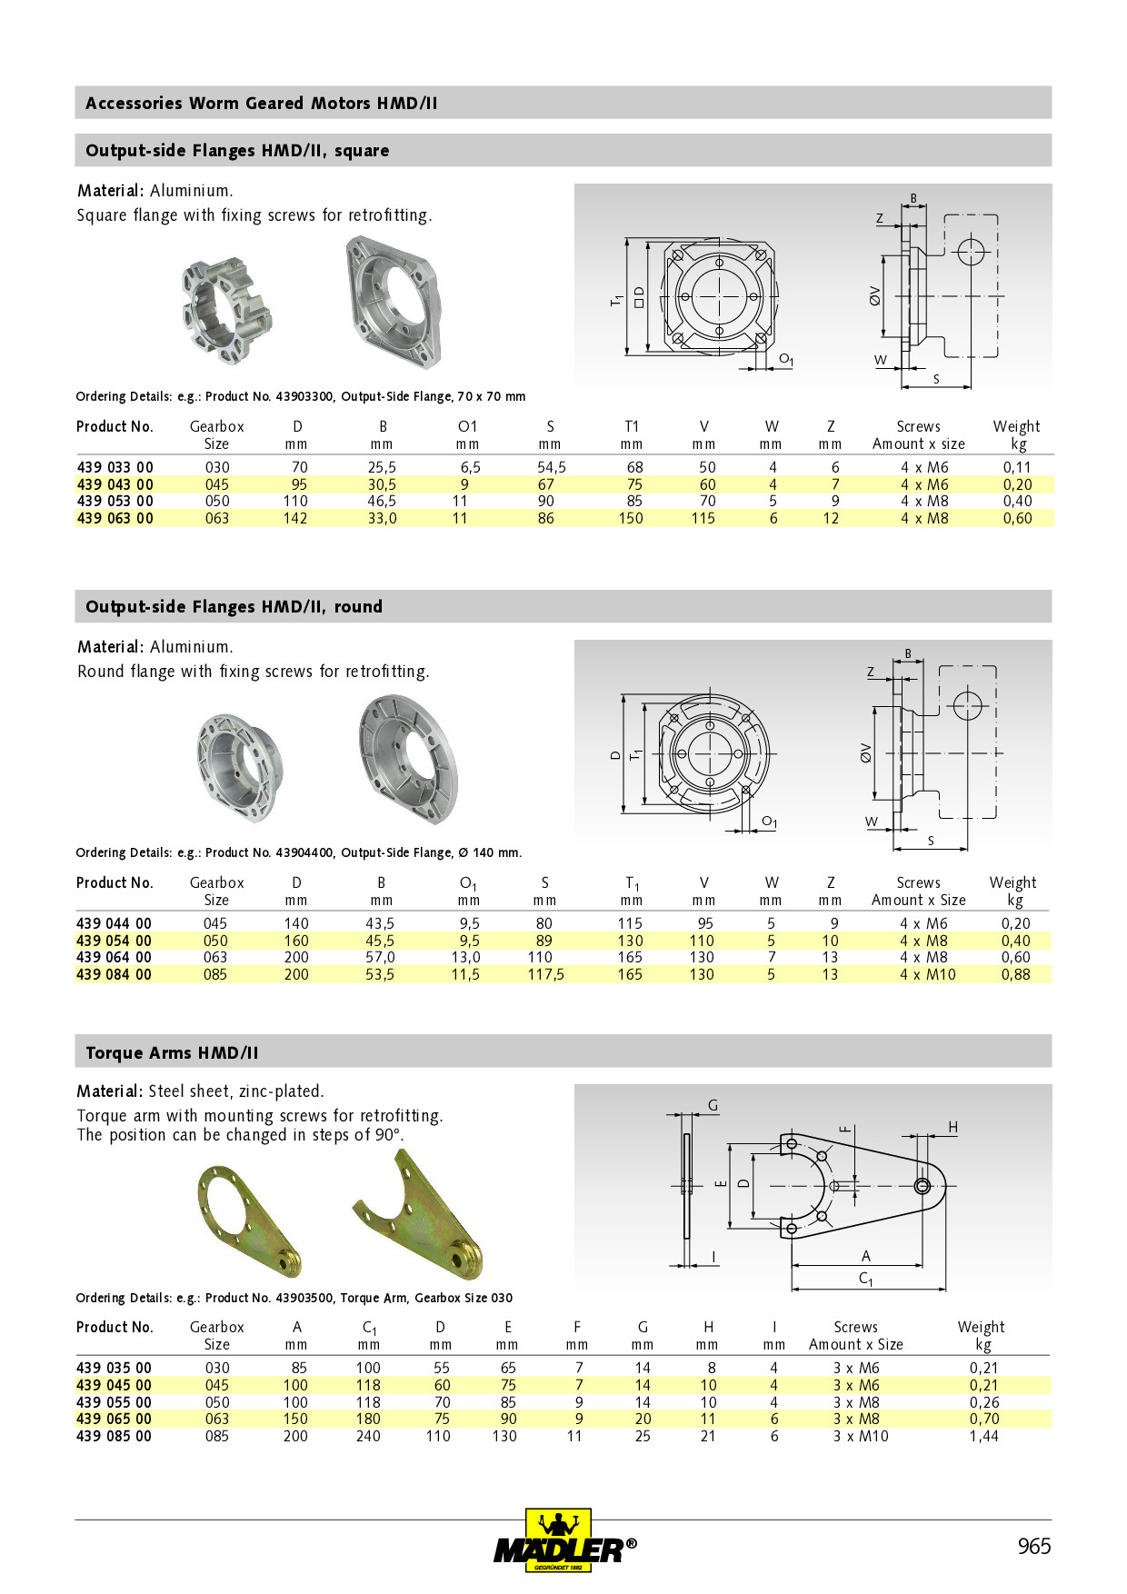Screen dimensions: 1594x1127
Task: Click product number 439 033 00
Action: pyautogui.click(x=115, y=467)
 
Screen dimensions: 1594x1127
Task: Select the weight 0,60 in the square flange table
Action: pyautogui.click(x=1017, y=518)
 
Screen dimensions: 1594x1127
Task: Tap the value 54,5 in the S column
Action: pyautogui.click(x=551, y=467)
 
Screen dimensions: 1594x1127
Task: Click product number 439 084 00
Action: pyautogui.click(x=115, y=974)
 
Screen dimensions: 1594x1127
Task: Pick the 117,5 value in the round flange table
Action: pyautogui.click(x=545, y=974)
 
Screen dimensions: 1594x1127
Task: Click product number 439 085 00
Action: pyautogui.click(x=115, y=1436)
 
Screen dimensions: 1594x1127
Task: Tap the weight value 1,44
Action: pyautogui.click(x=983, y=1436)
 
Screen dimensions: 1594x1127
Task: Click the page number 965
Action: pyautogui.click(x=1033, y=1546)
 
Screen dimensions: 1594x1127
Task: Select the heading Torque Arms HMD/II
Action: pyautogui.click(x=172, y=1052)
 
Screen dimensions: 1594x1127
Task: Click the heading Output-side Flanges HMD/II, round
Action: pyautogui.click(x=234, y=606)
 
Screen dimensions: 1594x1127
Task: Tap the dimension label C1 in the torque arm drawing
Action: pyautogui.click(x=865, y=1279)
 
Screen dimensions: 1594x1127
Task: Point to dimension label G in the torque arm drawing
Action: pyautogui.click(x=713, y=1106)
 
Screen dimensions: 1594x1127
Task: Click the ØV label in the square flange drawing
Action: pyautogui.click(x=874, y=295)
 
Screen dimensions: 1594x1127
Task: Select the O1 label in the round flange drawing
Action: pyautogui.click(x=769, y=822)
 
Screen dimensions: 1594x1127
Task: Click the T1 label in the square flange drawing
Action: pyautogui.click(x=617, y=300)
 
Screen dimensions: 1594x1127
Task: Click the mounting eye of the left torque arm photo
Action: pyautogui.click(x=290, y=1260)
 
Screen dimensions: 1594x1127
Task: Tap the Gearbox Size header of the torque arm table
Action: pyautogui.click(x=216, y=1335)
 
